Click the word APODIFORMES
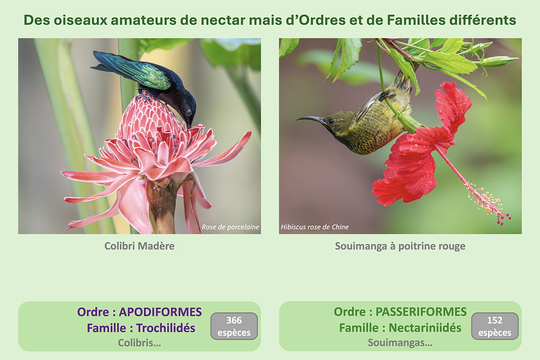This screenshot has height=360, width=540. coord(160,312)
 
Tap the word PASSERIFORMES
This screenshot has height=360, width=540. coord(421,312)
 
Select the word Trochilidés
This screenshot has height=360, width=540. coord(166,328)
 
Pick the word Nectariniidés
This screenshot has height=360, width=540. coord(425,328)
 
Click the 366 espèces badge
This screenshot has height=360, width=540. coord(234,326)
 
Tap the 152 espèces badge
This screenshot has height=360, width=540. coord(495,326)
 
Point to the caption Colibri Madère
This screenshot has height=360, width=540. coord(139,246)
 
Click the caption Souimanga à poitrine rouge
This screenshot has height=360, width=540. coord(400,246)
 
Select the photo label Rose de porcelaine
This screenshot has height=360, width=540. coord(230,227)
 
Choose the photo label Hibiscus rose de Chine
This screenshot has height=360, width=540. coord(315,227)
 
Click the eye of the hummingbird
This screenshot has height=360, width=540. coord(188,113)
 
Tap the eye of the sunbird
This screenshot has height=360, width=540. coord(331,121)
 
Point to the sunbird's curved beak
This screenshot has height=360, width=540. coord(309,119)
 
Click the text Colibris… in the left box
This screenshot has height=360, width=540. coord(139,343)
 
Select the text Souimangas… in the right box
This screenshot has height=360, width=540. coord(400,343)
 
